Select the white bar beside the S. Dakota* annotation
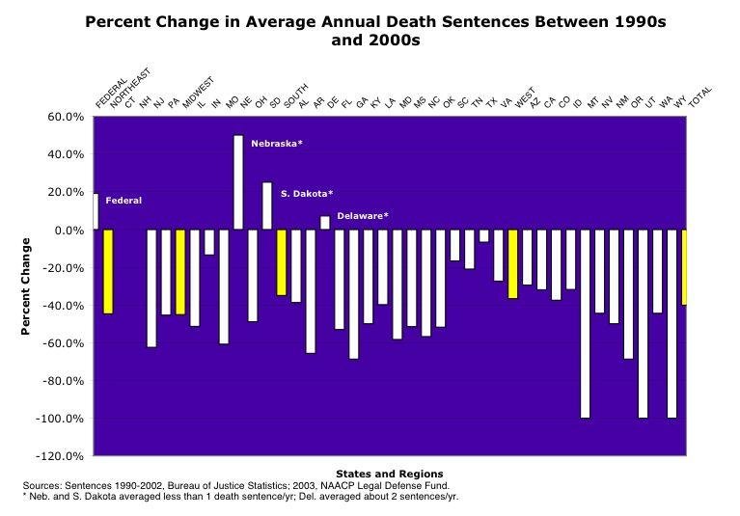(267, 205)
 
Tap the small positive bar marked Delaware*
(325, 223)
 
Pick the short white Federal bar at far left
(96, 211)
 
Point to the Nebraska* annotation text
(277, 144)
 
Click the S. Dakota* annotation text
(307, 194)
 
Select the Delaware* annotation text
(363, 215)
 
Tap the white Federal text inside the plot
(123, 201)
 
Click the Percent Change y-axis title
(27, 285)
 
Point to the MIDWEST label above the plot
(198, 93)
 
